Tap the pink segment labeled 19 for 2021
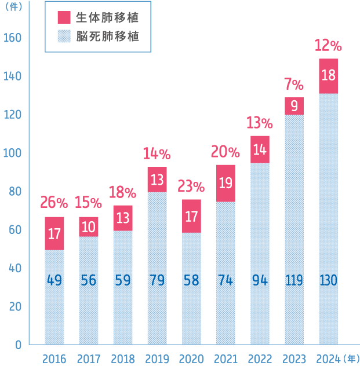click(226, 183)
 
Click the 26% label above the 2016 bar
click(54, 203)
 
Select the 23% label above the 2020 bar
click(191, 186)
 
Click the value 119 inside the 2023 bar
click(294, 281)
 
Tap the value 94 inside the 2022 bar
click(260, 281)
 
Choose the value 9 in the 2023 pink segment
click(294, 106)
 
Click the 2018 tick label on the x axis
click(123, 358)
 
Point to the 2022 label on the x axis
click(260, 358)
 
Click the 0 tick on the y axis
click(19, 345)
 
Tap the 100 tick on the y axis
click(12, 153)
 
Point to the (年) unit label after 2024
click(351, 358)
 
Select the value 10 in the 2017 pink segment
click(88, 227)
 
